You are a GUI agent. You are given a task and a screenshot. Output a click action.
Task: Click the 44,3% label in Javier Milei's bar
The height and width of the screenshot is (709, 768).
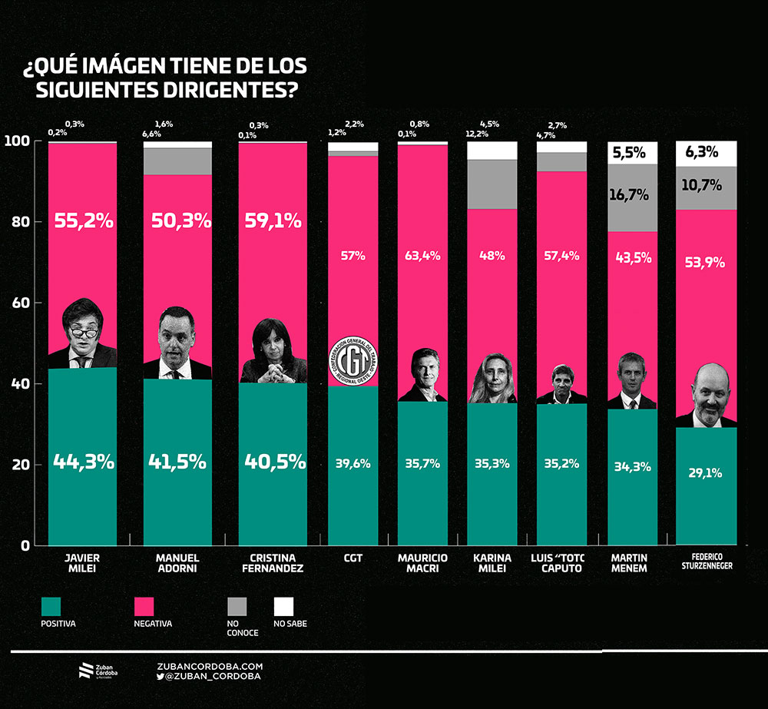point(83,462)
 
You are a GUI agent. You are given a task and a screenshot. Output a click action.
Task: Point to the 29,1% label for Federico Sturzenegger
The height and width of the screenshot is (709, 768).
point(705,473)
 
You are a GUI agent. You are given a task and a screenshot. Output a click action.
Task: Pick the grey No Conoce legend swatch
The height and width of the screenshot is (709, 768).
point(237,606)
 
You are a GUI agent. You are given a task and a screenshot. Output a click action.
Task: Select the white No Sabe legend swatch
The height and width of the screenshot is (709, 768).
point(284,606)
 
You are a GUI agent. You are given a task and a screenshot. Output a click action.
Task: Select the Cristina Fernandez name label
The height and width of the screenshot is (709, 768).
point(272,563)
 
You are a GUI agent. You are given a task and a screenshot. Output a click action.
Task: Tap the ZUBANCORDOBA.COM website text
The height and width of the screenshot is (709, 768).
point(210,666)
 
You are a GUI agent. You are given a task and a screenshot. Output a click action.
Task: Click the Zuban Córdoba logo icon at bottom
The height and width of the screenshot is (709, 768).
point(86,671)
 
